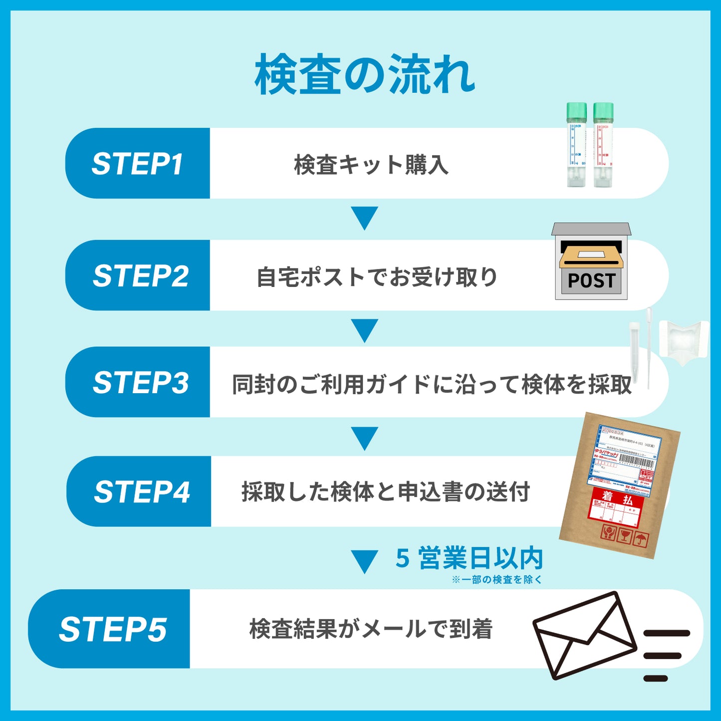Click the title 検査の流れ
364,75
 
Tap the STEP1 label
137,164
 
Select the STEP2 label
141,276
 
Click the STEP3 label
141,383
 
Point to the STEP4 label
142,492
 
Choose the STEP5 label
113,629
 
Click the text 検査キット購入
371,165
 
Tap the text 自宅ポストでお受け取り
377,277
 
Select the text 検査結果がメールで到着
371,629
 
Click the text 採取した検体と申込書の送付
385,492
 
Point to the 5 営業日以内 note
469,558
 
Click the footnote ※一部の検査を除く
496,580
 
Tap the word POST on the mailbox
592,281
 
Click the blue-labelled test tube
576,145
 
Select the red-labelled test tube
603,145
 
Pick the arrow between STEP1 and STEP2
365,218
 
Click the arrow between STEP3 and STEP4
365,438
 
